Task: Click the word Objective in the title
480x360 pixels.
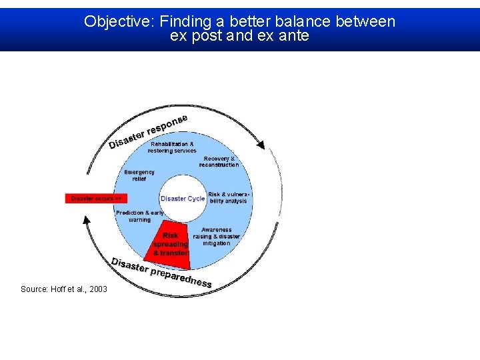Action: point(117,21)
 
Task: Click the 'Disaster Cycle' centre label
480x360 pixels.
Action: point(183,199)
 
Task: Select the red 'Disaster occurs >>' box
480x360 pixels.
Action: point(96,199)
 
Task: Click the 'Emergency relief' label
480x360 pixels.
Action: point(139,175)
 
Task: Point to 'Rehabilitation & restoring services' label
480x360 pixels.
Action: point(172,147)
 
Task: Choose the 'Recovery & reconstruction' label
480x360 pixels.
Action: point(219,162)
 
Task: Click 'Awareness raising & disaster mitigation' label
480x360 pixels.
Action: point(216,237)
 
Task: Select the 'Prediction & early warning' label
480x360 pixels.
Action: point(139,216)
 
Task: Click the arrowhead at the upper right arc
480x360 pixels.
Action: point(261,144)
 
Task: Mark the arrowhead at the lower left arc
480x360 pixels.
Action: point(86,221)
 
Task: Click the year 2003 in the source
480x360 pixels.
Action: point(98,289)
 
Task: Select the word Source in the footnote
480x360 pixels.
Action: point(33,289)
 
